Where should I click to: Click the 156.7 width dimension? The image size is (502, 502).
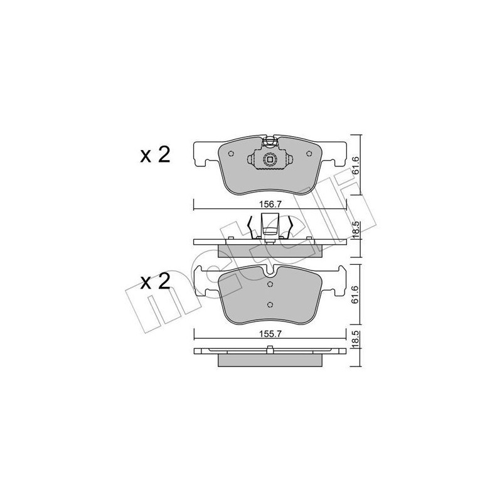[x=270, y=205]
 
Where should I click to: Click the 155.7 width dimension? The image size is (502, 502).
[x=270, y=334]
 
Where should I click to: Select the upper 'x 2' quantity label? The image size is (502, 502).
[x=155, y=155]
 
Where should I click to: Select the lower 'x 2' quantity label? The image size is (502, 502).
[x=155, y=282]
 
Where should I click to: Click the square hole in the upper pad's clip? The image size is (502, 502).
[x=270, y=159]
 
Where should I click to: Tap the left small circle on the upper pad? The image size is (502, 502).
[x=231, y=154]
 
